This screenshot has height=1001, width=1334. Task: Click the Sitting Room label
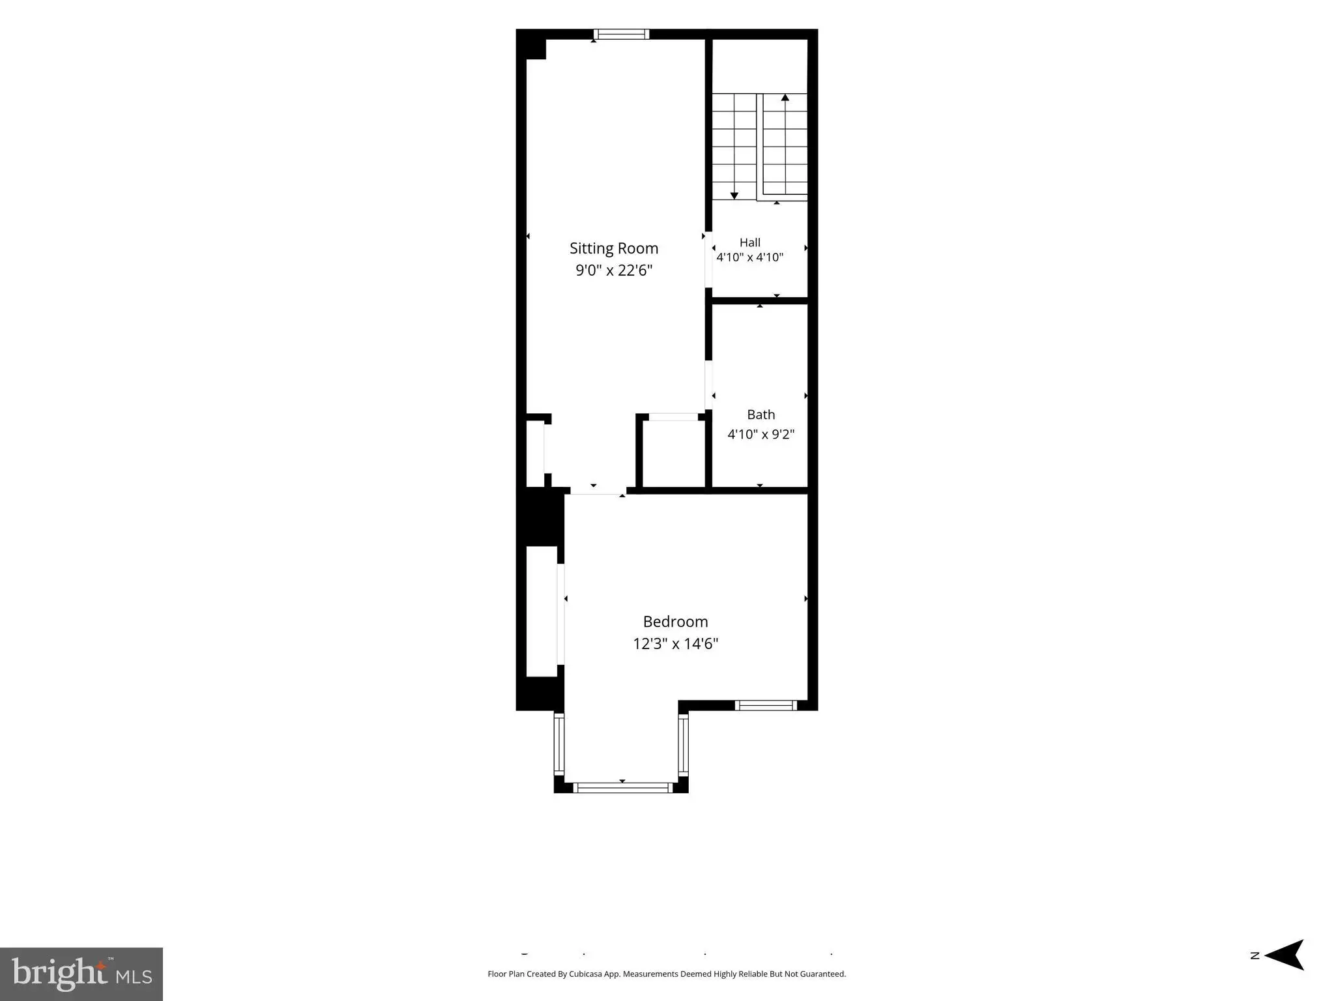[x=614, y=248]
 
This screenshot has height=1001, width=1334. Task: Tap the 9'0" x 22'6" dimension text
[x=614, y=270]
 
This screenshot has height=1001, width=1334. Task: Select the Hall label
[x=750, y=242]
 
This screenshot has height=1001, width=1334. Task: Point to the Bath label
[x=761, y=414]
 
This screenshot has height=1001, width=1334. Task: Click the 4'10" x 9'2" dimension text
[x=761, y=434]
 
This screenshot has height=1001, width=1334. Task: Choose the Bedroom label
[x=676, y=622]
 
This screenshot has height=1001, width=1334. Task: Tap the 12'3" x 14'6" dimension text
[x=676, y=644]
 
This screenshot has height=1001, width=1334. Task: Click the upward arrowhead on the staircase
[x=785, y=98]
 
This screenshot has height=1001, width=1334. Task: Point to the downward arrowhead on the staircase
[x=734, y=196]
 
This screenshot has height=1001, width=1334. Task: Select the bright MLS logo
[x=81, y=974]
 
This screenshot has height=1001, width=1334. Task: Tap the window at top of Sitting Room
[x=622, y=35]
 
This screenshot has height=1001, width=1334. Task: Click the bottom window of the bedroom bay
[x=622, y=788]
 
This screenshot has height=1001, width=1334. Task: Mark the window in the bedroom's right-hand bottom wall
[x=766, y=705]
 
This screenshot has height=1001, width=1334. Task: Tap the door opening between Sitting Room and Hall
[x=708, y=259]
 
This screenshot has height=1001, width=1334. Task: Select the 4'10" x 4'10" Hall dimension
[x=750, y=257]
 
